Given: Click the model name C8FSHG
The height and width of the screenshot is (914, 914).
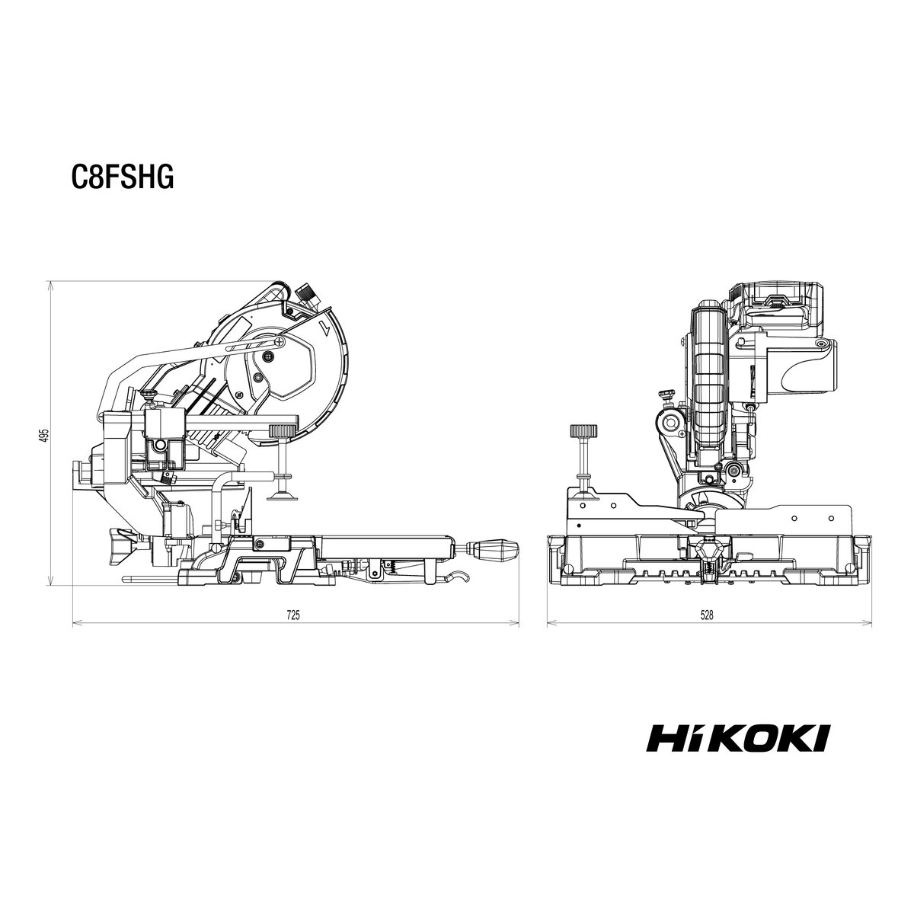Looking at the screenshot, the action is [123, 177].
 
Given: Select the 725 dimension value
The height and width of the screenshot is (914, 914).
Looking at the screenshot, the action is [293, 615].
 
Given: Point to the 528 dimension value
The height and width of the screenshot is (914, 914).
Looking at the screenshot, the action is [707, 615].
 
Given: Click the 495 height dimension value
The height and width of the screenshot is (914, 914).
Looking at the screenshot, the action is [43, 435].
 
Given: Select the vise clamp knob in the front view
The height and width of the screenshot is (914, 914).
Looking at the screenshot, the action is [583, 432].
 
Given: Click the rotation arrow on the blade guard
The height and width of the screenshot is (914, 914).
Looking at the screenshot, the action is [325, 328].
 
